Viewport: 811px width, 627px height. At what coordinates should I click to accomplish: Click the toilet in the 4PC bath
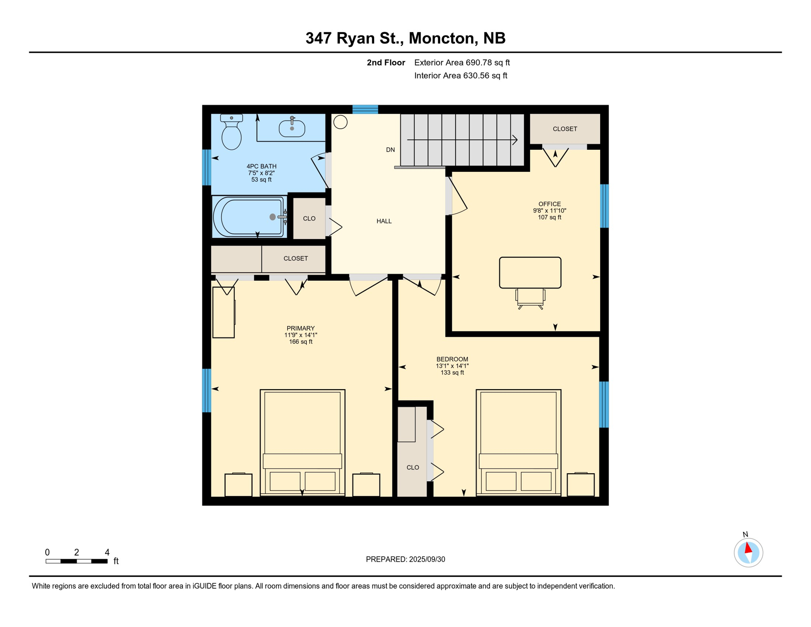[x=231, y=131]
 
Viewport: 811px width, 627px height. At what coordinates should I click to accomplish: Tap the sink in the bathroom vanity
[x=292, y=128]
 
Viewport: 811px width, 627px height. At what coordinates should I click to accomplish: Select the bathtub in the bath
[x=248, y=217]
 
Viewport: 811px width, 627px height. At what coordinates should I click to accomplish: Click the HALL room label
[x=384, y=221]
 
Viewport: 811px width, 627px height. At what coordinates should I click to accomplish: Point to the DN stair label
[x=390, y=150]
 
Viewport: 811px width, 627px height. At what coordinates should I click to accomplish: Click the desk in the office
[x=530, y=273]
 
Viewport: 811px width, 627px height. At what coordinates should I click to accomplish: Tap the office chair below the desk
[x=530, y=299]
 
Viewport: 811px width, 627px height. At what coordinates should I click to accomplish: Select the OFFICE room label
[x=550, y=204]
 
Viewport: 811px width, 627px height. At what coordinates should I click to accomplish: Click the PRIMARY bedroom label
[x=301, y=328]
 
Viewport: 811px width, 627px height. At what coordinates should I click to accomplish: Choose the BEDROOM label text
[x=452, y=359]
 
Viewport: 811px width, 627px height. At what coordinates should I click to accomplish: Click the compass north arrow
[x=748, y=548]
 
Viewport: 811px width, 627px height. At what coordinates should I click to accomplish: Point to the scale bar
[x=77, y=561]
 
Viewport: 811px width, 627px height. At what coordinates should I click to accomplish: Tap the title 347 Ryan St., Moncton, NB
[x=405, y=38]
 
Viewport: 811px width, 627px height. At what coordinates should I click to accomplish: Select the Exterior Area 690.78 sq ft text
[x=462, y=62]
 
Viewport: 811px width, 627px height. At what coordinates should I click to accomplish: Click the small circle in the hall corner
[x=340, y=122]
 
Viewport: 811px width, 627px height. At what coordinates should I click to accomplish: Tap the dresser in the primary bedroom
[x=224, y=312]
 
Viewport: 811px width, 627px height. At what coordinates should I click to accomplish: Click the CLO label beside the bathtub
[x=309, y=219]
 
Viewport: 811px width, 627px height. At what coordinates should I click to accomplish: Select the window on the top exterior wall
[x=365, y=109]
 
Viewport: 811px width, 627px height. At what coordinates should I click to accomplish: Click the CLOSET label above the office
[x=565, y=129]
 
